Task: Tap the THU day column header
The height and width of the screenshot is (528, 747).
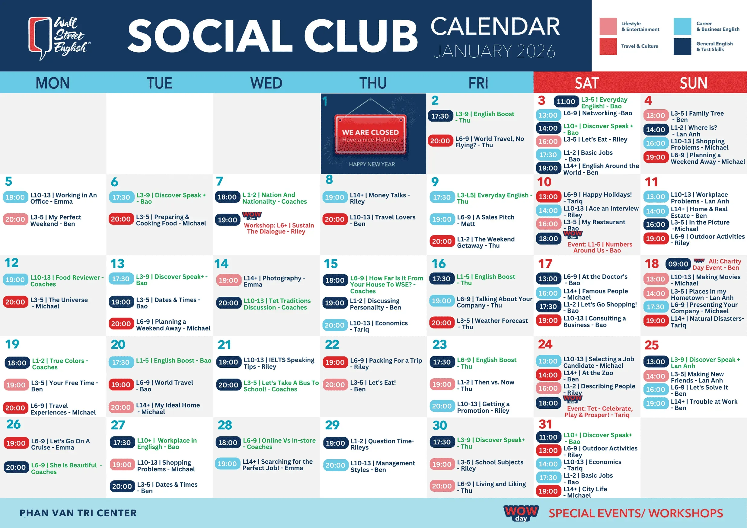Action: point(373,83)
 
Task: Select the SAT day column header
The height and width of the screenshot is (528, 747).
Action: point(587,83)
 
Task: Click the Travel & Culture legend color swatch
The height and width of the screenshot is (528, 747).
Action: point(608,46)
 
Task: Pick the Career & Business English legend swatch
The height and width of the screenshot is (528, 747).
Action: point(682,26)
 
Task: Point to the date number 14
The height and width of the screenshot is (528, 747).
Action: point(221,264)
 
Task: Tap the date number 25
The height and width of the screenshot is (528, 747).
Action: point(651,345)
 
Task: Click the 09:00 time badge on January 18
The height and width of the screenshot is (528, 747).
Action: point(678,264)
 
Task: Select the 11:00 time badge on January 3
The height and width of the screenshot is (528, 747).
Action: point(566,101)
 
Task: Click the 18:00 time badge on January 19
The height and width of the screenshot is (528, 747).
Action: point(17,363)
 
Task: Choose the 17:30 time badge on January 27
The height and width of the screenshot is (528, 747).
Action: point(122,443)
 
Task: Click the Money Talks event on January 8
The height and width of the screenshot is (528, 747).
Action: point(380,198)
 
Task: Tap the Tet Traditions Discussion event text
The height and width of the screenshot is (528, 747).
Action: point(277,304)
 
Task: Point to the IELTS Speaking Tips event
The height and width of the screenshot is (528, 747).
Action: point(279,363)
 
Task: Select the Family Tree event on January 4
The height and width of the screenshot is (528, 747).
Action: point(697,117)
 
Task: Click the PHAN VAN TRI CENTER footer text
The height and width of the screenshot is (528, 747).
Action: point(78,513)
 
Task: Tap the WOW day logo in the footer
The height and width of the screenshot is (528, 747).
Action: point(521,513)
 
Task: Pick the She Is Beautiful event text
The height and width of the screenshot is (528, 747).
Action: point(67,469)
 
